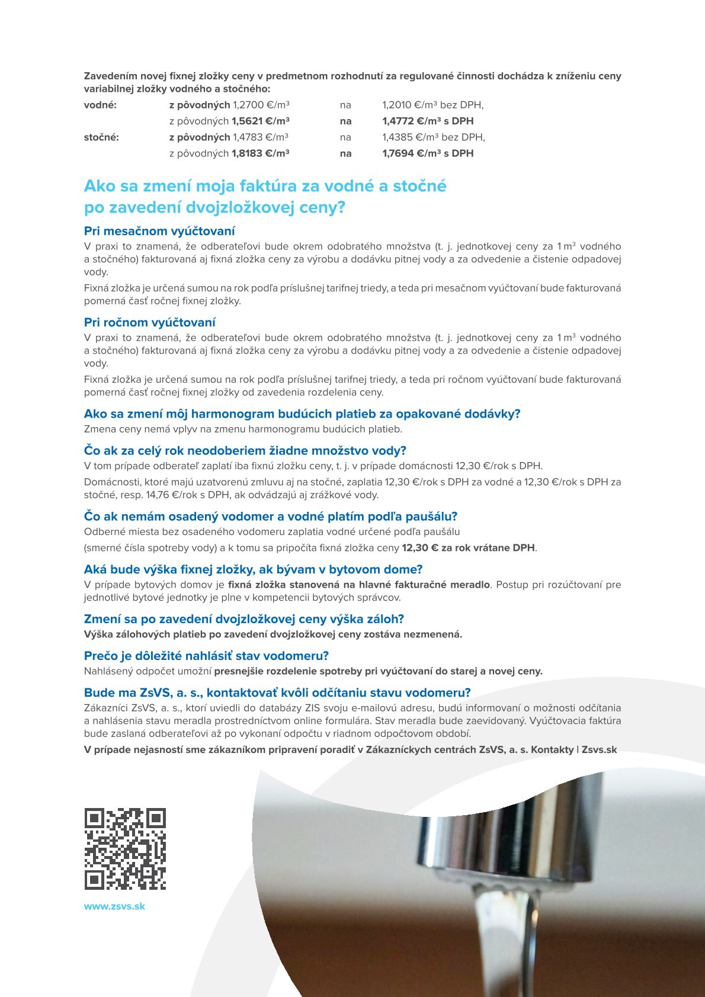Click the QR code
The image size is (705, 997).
(x=125, y=848)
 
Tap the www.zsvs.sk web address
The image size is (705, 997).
(x=114, y=906)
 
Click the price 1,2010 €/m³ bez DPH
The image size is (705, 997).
(x=432, y=105)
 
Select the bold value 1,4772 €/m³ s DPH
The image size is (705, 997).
(x=428, y=121)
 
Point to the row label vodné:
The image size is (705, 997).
(x=100, y=105)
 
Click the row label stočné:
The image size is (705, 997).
(x=101, y=137)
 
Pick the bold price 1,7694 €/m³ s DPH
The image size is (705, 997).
(x=428, y=153)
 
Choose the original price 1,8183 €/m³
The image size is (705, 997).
(x=260, y=153)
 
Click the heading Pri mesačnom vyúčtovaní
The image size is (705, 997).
(x=159, y=231)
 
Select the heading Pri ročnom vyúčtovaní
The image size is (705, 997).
(x=149, y=322)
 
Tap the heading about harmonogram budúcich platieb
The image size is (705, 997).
(x=302, y=413)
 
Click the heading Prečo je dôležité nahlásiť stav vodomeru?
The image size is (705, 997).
(x=206, y=656)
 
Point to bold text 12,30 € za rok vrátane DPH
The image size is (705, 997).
(x=468, y=547)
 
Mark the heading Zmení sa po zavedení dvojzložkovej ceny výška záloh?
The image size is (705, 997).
(x=243, y=619)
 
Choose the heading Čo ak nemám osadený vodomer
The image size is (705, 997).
(x=271, y=516)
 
